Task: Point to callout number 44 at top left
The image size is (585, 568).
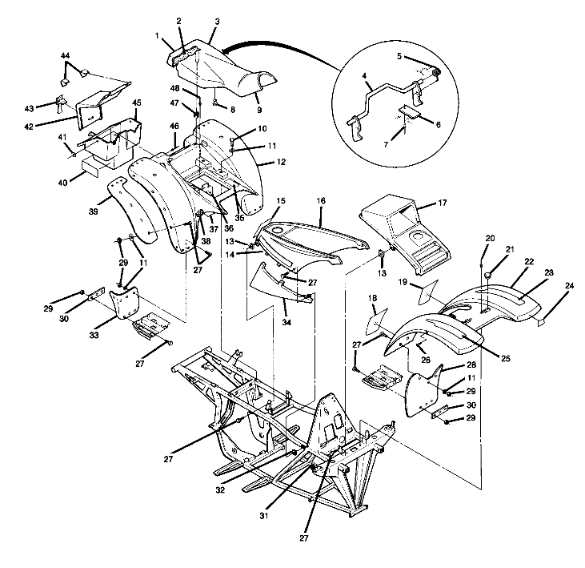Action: pos(65,55)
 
